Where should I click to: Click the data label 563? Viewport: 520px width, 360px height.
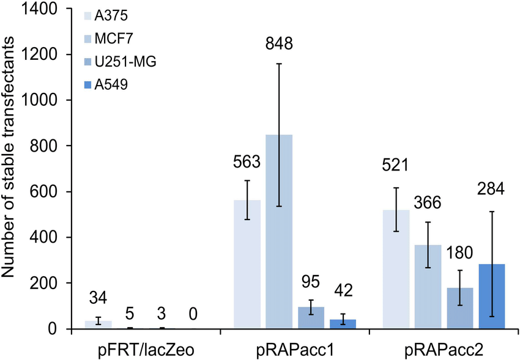pyautogui.click(x=247, y=163)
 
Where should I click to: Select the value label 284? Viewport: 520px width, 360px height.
pyautogui.click(x=491, y=189)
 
